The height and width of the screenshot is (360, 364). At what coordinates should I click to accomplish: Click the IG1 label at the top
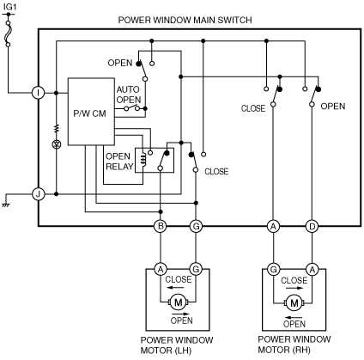click(9, 6)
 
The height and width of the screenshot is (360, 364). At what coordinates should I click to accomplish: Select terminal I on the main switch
click(38, 93)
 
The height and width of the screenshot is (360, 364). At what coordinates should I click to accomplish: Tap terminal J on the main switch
click(38, 194)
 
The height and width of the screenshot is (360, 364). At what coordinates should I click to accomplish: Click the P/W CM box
click(91, 112)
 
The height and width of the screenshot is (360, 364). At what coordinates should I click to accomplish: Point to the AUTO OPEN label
click(129, 95)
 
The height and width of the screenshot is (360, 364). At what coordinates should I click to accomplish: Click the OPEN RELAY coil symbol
click(143, 160)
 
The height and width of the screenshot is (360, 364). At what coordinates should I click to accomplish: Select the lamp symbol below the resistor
click(57, 144)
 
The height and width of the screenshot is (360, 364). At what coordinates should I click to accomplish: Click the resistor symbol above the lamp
click(57, 128)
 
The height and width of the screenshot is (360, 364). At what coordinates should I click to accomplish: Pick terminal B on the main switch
click(161, 227)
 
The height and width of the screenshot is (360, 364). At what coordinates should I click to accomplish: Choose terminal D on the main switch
click(312, 227)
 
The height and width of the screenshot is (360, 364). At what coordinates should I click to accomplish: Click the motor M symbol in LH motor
click(178, 302)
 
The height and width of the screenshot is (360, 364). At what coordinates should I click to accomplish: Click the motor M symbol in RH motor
click(294, 302)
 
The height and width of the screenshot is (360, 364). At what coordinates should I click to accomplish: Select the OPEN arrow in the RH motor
click(294, 317)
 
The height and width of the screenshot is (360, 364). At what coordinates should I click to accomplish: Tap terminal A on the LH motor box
click(161, 269)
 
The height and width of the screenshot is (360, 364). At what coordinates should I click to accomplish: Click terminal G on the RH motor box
click(273, 270)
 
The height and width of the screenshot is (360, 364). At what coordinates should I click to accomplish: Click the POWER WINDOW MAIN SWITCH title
click(185, 20)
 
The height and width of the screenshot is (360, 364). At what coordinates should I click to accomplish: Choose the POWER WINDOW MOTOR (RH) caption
click(294, 345)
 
